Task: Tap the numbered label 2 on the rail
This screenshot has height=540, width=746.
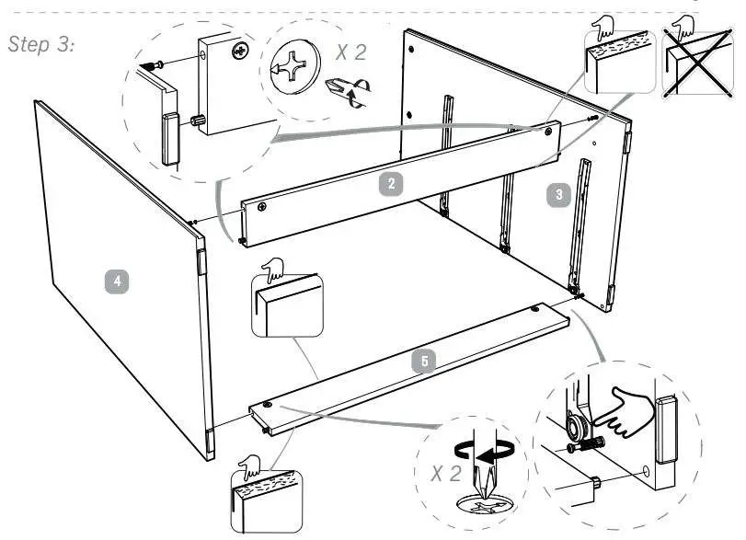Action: [x=392, y=183]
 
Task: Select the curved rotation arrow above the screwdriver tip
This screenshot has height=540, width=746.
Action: [x=483, y=451]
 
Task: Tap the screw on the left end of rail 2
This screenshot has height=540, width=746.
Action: [x=263, y=207]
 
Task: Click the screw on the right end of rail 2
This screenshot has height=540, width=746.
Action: [x=549, y=132]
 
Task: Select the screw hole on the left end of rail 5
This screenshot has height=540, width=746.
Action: [x=267, y=405]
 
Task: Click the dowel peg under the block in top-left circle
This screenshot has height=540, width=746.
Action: [x=197, y=120]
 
